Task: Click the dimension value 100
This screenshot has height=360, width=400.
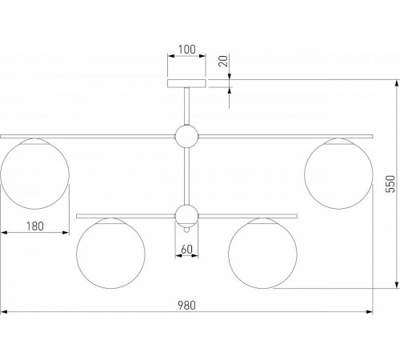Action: click(186, 50)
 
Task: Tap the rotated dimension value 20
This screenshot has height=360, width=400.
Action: click(223, 61)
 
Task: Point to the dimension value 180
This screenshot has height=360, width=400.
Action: click(35, 226)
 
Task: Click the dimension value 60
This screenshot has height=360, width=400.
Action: click(186, 250)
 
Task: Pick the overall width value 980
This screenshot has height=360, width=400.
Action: click(186, 306)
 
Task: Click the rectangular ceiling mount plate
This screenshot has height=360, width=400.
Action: click(186, 83)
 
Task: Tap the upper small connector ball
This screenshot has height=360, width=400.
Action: click(186, 136)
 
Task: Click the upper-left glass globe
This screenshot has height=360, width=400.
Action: click(35, 174)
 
